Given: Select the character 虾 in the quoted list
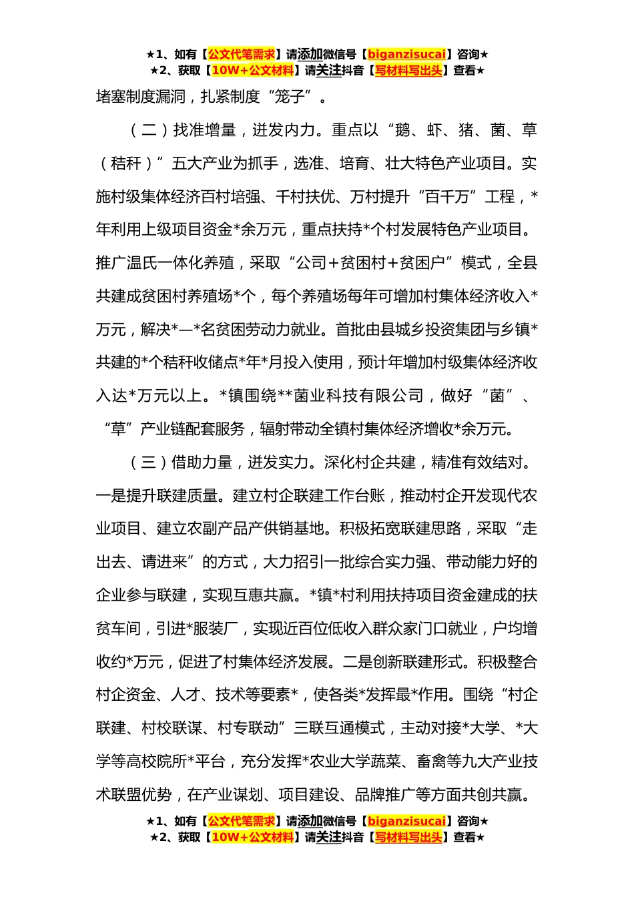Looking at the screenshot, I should [434, 130].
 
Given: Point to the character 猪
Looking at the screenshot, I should [466, 130].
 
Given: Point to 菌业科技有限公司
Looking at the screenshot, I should [358, 396].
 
